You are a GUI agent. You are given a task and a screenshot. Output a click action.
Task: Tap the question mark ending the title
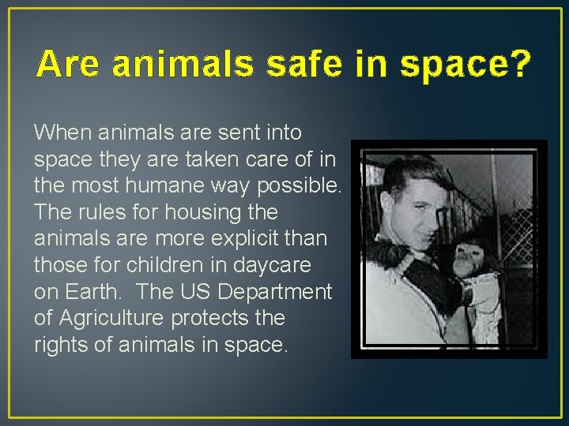tap(518, 64)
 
